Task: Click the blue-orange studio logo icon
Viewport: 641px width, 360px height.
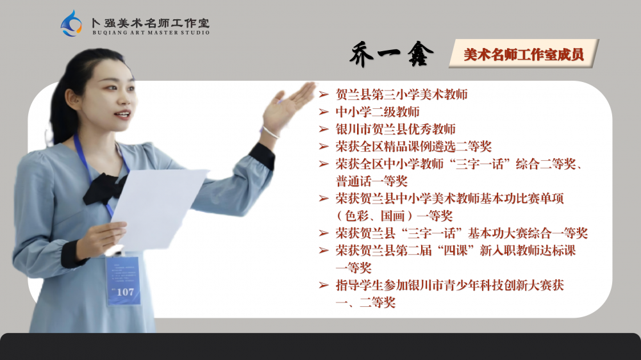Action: tap(72, 24)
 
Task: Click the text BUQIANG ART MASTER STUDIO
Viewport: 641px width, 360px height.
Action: tap(151, 33)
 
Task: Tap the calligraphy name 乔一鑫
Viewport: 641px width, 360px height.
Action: tap(391, 54)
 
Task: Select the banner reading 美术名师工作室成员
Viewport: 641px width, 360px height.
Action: tap(524, 54)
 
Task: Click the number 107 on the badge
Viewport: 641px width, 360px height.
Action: tap(125, 292)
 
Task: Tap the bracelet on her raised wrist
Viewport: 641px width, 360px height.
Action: tap(271, 132)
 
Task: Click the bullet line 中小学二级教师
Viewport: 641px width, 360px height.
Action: tap(378, 112)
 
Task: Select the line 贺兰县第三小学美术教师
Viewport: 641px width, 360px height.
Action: tap(401, 94)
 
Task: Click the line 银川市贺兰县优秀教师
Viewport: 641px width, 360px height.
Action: tap(395, 129)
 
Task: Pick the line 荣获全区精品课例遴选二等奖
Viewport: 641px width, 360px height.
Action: tap(413, 146)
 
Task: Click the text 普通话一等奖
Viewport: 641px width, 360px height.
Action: tap(371, 181)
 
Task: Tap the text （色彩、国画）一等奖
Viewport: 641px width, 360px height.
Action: tap(394, 216)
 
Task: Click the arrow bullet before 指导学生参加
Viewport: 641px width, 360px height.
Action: tap(324, 285)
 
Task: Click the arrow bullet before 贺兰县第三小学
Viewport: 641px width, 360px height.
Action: tap(324, 94)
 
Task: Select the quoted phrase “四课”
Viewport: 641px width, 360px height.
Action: tap(455, 250)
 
